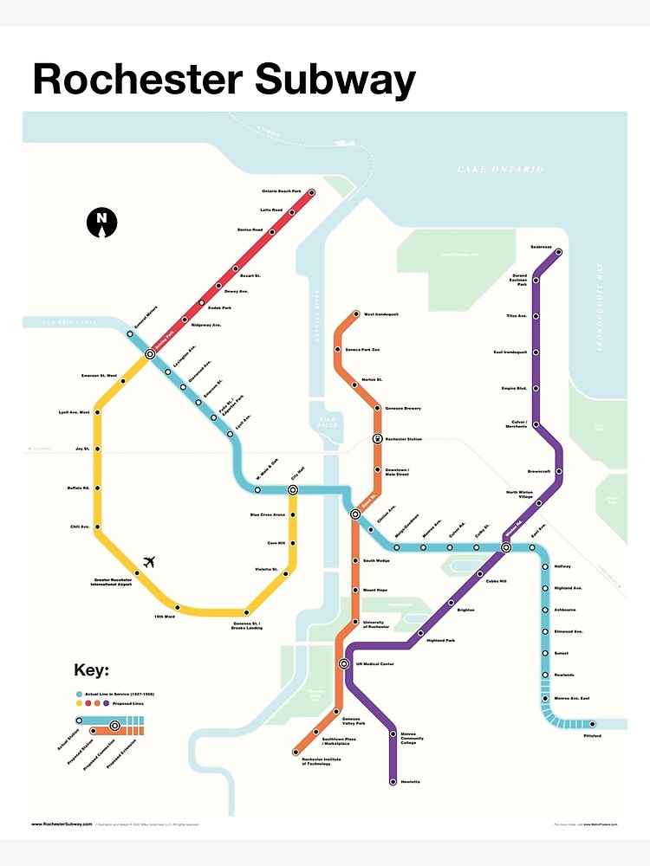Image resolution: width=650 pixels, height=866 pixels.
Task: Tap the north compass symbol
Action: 101,222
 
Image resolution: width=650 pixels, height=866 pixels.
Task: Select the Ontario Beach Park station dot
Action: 311,192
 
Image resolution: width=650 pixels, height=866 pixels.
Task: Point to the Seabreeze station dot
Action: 559,253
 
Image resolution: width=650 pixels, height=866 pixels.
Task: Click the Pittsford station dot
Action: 593,724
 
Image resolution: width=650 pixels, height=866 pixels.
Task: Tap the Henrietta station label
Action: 410,782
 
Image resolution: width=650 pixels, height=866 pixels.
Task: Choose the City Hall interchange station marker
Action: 293,489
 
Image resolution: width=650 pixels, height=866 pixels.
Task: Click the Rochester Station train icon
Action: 378,438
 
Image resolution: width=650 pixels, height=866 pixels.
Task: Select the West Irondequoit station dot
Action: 354,314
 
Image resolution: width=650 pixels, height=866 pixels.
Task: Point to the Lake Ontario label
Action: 500,170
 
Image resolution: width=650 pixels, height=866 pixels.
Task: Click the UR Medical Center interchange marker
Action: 344,664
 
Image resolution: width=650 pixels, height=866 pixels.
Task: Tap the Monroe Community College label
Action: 414,738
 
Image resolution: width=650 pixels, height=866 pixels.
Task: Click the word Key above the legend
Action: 91,670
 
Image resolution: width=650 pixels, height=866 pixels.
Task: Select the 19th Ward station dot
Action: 177,606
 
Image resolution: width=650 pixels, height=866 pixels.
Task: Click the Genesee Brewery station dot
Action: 378,407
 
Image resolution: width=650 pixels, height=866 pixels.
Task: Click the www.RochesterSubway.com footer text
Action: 62,824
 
